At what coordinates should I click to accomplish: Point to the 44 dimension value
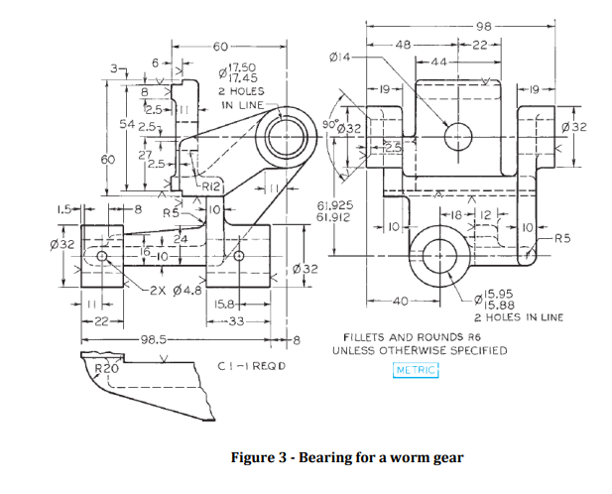(x=438, y=62)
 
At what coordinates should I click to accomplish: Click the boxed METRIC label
(x=416, y=370)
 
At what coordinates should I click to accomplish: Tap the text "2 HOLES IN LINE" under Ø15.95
(x=515, y=317)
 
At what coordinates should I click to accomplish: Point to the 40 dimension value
(x=401, y=300)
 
